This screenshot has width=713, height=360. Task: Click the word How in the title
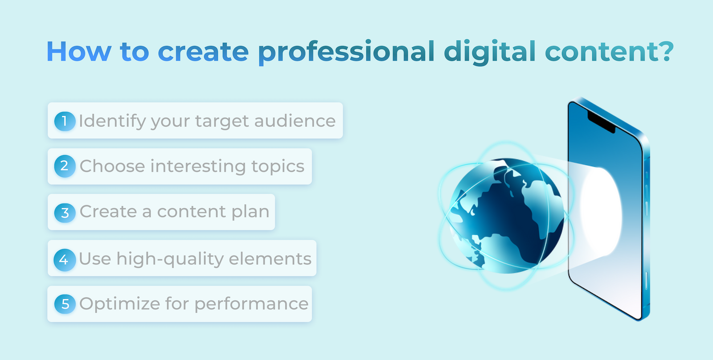click(x=79, y=51)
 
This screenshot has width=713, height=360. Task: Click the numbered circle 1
click(x=65, y=121)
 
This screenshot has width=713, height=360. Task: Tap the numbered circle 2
click(x=65, y=166)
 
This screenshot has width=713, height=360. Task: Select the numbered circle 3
click(x=65, y=213)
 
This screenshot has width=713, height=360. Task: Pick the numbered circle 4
click(x=65, y=260)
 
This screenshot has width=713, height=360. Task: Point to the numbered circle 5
click(x=65, y=304)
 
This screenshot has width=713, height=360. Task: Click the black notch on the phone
click(x=601, y=123)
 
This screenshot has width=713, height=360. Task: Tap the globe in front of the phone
click(x=507, y=216)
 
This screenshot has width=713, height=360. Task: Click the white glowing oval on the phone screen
click(x=601, y=211)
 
